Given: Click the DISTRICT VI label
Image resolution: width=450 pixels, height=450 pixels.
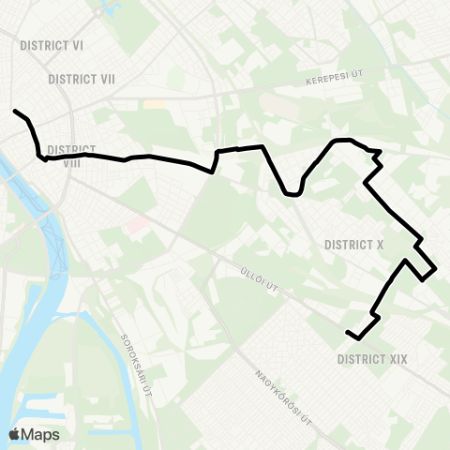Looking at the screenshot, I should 52,43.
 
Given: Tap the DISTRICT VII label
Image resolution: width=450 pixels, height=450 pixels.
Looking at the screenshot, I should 81,79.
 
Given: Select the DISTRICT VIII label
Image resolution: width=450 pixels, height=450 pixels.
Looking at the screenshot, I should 70,156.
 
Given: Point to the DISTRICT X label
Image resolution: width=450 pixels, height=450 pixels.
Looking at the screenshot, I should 353,245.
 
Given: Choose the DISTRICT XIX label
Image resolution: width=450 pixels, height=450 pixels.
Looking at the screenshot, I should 372,358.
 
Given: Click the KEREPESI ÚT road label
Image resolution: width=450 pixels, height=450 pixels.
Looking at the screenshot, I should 332,82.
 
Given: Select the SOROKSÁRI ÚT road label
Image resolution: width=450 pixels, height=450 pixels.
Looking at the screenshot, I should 137,362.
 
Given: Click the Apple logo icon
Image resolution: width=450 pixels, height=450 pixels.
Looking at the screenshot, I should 15,434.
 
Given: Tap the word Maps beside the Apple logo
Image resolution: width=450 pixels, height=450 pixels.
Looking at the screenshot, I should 40,434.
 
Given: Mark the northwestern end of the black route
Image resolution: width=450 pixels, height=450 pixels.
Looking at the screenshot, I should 15,112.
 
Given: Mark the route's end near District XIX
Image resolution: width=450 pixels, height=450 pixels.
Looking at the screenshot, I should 348,333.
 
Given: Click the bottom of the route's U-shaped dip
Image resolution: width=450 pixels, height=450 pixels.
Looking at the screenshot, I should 292,195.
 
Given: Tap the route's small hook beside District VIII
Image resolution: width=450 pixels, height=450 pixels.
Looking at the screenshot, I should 43,158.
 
